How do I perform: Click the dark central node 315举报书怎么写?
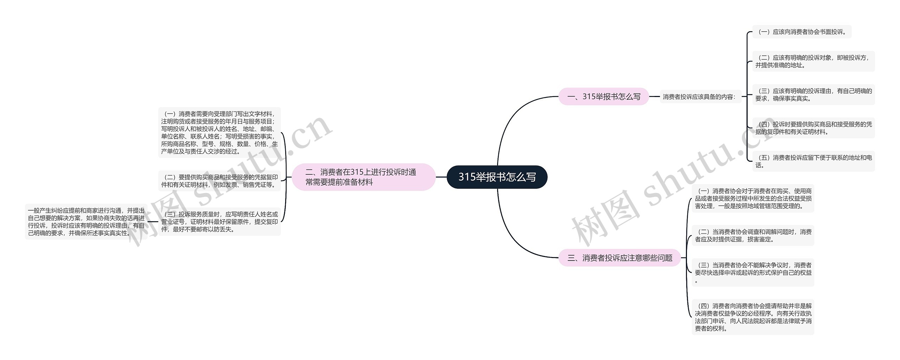tap(497, 177)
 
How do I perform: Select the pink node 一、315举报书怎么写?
tap(604, 96)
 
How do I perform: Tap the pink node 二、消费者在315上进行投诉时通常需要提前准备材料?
tap(364, 177)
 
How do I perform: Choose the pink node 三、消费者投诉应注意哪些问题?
tap(619, 258)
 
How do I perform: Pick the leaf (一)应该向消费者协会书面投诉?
tap(802, 32)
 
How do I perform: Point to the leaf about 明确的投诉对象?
tap(813, 62)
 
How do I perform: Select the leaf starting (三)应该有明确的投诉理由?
tap(813, 95)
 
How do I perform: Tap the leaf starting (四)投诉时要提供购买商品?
tap(813, 128)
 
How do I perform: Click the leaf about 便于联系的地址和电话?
tap(813, 161)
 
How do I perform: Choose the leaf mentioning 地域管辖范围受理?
tap(753, 198)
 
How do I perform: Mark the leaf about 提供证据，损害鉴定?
tap(753, 236)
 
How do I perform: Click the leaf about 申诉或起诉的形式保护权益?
tap(753, 272)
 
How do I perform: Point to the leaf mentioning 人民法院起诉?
tap(753, 317)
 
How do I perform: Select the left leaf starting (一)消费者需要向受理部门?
tap(219, 133)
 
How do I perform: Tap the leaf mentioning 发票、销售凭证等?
tap(219, 181)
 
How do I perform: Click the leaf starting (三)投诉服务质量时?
tap(219, 221)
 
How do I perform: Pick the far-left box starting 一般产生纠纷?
tap(86, 221)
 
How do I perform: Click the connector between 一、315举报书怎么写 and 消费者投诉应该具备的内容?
tap(654, 96)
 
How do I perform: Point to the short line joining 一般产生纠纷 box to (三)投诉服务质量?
tap(153, 222)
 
